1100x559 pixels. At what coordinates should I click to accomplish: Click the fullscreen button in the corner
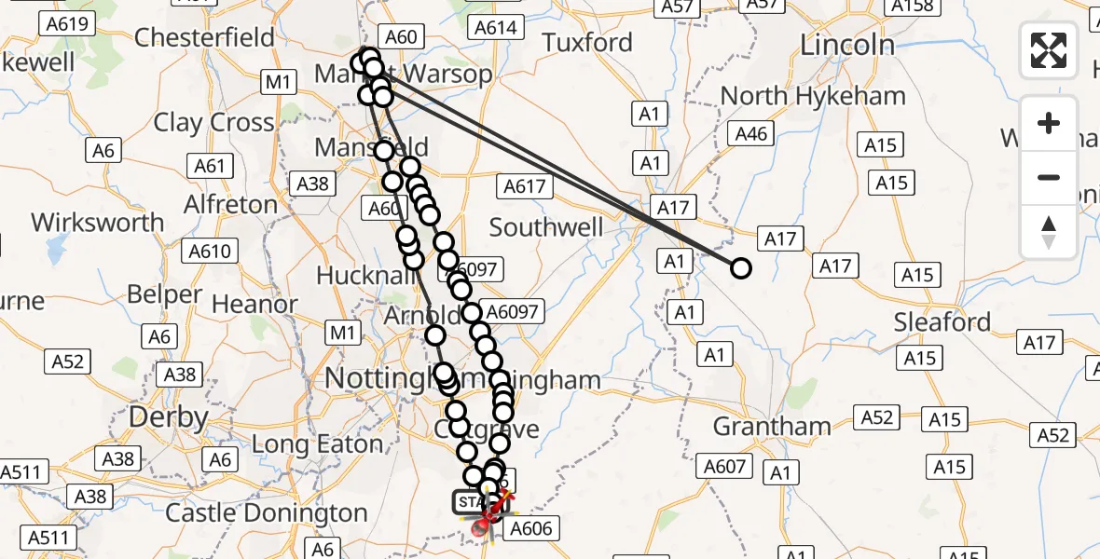1049,49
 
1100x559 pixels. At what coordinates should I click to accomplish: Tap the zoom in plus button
1049,123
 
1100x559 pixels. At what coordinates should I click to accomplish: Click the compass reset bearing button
1049,232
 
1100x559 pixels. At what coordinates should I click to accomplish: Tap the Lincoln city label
847,45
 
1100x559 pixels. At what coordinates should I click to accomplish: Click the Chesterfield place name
204,37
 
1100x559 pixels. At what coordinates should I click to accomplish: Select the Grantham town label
771,427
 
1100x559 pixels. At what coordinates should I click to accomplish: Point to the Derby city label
168,416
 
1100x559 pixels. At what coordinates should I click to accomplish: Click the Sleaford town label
942,322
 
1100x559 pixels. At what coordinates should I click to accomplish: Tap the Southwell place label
546,227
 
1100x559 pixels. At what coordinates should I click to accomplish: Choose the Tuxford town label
587,43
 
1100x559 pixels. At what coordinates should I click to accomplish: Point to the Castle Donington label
267,513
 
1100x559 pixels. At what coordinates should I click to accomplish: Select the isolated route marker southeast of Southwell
740,268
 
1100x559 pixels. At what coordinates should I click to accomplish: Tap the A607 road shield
724,466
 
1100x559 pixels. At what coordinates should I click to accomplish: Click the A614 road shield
495,28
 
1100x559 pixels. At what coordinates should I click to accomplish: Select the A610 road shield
209,252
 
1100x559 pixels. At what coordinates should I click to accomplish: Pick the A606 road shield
531,529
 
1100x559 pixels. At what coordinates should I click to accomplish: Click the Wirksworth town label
97,223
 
